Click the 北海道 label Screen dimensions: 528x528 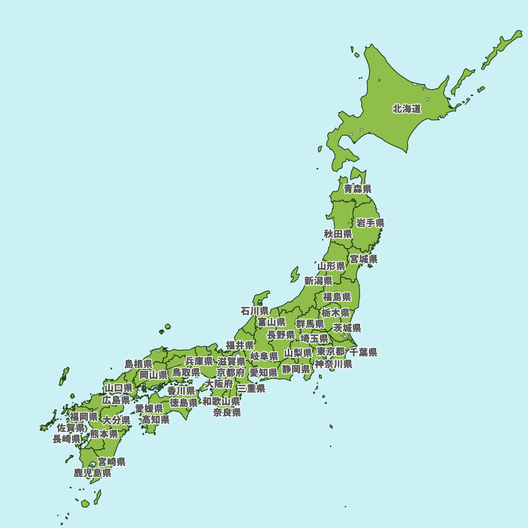pyautogui.click(x=407, y=109)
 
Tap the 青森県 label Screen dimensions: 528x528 pyautogui.click(x=357, y=188)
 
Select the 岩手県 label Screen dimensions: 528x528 pyautogui.click(x=370, y=223)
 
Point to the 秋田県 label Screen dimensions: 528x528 pyautogui.click(x=338, y=234)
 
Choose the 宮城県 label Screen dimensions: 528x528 pyautogui.click(x=364, y=259)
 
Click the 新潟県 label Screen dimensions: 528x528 pyautogui.click(x=318, y=281)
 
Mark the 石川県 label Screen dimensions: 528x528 pyautogui.click(x=254, y=311)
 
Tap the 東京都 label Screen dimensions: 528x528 pyautogui.click(x=331, y=352)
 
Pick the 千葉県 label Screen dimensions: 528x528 pyautogui.click(x=363, y=352)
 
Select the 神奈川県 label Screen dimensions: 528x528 pyautogui.click(x=334, y=364)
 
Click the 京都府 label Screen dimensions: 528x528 pyautogui.click(x=231, y=373)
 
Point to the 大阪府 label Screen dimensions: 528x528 pyautogui.click(x=219, y=384)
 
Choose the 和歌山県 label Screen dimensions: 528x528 pyautogui.click(x=221, y=401)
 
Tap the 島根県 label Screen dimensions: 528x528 pyautogui.click(x=138, y=364)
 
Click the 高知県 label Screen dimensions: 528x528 pyautogui.click(x=155, y=420)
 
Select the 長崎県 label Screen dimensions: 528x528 pyautogui.click(x=67, y=439)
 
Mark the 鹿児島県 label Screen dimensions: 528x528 pyautogui.click(x=92, y=473)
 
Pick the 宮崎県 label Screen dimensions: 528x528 pyautogui.click(x=111, y=462)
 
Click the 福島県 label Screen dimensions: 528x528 pyautogui.click(x=337, y=297)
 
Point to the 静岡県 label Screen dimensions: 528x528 pyautogui.click(x=296, y=369)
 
